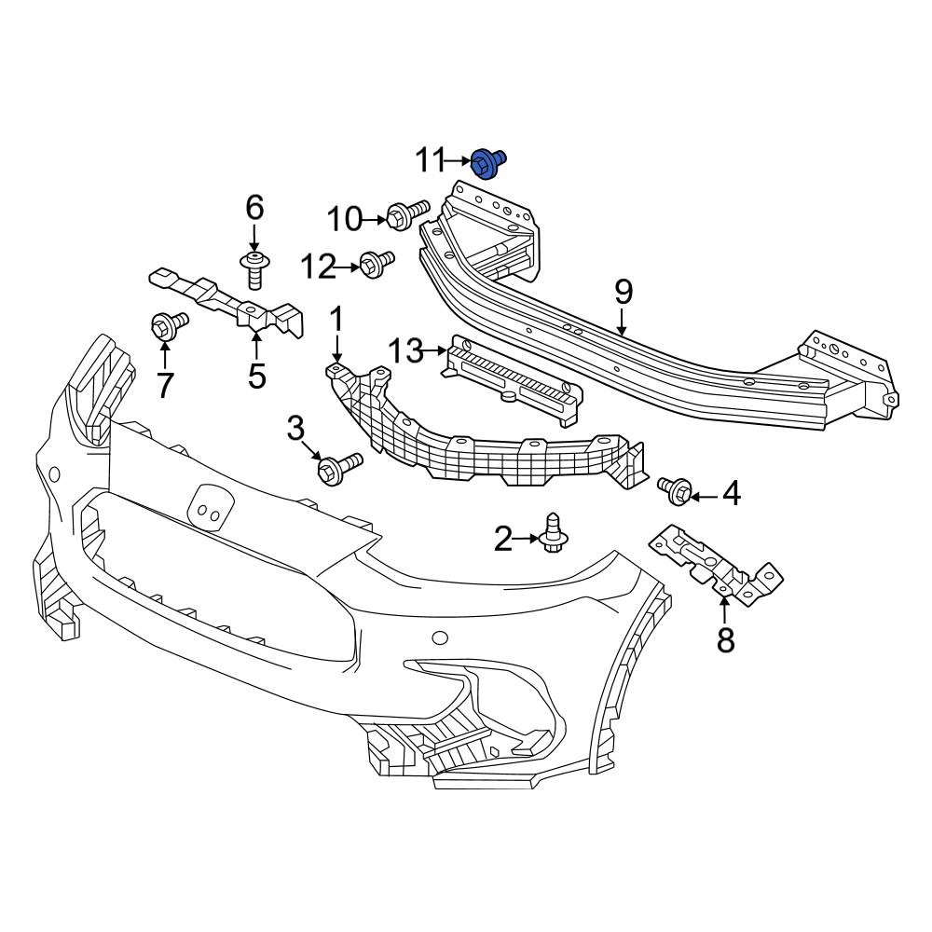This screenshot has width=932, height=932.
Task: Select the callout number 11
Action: [430, 160]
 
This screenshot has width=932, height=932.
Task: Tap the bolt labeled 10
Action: [407, 214]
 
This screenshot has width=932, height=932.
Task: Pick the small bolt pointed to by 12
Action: [377, 263]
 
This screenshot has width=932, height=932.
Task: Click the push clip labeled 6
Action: [254, 269]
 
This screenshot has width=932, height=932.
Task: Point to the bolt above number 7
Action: [169, 326]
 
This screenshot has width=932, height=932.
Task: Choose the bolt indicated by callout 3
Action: [339, 469]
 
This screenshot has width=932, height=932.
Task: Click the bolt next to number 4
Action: [675, 491]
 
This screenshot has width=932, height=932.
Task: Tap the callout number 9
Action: [623, 293]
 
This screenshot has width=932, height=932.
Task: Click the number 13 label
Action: [406, 351]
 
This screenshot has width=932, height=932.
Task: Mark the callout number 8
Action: [725, 640]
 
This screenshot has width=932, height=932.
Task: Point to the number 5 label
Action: [257, 377]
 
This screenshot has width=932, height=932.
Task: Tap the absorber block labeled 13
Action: [510, 381]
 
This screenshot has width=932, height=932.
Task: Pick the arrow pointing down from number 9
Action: [623, 322]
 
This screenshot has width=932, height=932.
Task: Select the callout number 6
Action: [254, 208]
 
